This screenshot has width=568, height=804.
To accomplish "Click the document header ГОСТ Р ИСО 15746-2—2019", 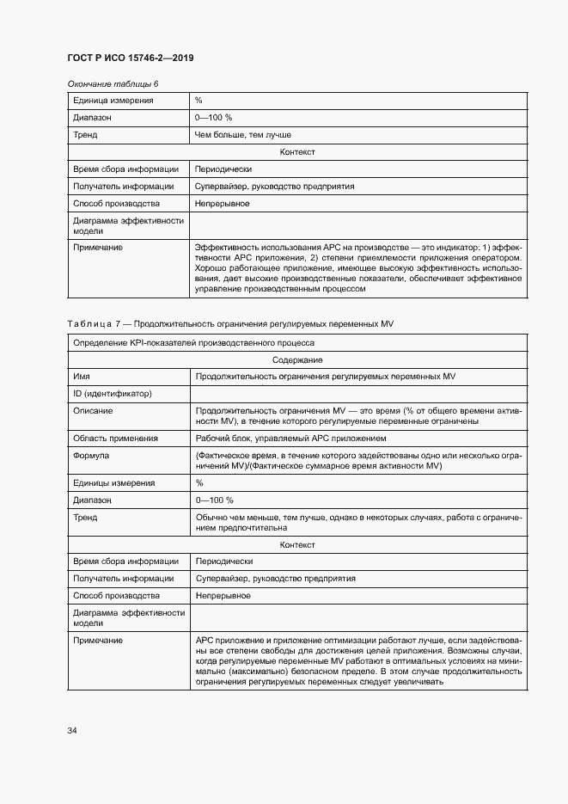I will (x=130, y=58).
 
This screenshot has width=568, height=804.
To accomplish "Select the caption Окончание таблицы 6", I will (x=113, y=83).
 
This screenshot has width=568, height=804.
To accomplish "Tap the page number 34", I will (x=72, y=731).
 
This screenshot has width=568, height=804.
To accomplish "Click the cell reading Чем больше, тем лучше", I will (x=243, y=135).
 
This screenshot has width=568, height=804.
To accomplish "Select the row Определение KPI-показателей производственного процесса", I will (x=187, y=342).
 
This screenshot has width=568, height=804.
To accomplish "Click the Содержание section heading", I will (x=297, y=359).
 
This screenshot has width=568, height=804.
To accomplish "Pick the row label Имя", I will (x=82, y=377).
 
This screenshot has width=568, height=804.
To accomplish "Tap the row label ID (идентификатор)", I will (x=113, y=394).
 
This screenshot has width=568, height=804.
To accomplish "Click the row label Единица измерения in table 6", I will (x=113, y=101).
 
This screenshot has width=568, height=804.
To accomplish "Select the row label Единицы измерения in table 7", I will (x=114, y=482).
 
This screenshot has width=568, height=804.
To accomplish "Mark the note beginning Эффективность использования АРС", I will (x=358, y=268).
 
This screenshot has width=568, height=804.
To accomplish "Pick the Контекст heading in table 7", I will (x=297, y=545).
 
